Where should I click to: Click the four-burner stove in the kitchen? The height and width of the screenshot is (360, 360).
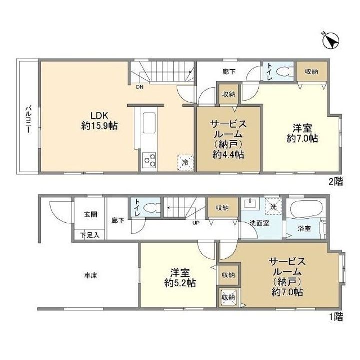(x=149, y=161)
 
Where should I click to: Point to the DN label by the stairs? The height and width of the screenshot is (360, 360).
(x=139, y=86)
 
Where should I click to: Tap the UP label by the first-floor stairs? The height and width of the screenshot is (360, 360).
(x=198, y=223)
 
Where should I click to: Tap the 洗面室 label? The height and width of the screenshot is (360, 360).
(x=259, y=223)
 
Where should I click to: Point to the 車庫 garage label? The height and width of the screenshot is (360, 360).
(x=90, y=275)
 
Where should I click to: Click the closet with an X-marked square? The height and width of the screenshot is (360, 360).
(x=228, y=297)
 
